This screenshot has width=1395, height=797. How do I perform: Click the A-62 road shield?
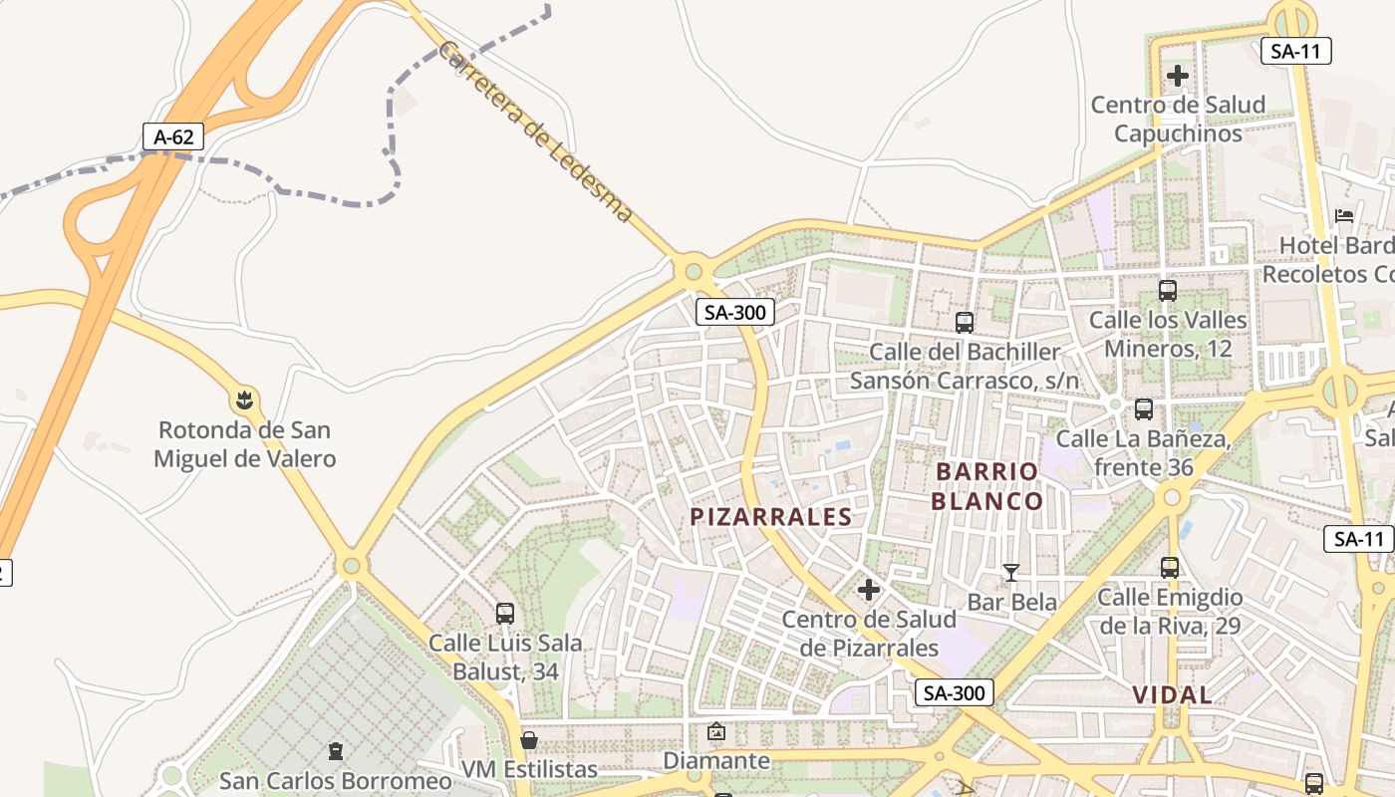tap(173, 136)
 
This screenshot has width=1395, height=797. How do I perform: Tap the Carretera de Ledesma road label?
tap(535, 131)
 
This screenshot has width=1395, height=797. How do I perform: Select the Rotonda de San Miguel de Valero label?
tap(244, 444)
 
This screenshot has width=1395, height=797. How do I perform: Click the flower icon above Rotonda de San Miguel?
tap(244, 400)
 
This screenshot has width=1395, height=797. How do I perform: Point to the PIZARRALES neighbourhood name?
tap(772, 516)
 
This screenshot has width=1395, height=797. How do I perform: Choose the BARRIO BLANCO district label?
tap(986, 485)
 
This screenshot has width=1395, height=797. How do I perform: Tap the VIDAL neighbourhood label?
tap(1172, 694)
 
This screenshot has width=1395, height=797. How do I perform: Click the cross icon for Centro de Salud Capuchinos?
tap(1178, 75)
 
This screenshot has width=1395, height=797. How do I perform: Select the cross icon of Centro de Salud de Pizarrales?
tap(869, 590)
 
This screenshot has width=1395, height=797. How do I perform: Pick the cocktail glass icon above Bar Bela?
tap(1011, 572)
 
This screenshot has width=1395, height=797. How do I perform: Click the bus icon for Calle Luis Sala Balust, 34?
tap(505, 614)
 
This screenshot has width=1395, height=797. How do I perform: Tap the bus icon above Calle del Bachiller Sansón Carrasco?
tap(964, 322)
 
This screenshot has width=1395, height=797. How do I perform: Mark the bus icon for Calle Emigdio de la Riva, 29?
tap(1170, 568)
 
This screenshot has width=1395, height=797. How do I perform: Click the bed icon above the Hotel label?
tap(1343, 215)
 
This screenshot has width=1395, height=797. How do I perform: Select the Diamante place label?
tap(716, 761)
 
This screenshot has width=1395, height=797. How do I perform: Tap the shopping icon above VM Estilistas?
tap(529, 740)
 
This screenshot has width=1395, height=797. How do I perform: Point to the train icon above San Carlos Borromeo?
tap(336, 750)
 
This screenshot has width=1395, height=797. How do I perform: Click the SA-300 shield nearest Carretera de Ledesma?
tap(735, 312)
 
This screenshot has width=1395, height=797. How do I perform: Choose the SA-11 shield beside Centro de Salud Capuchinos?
tap(1295, 52)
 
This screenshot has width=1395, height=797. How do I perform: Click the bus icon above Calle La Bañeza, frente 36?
tap(1144, 408)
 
